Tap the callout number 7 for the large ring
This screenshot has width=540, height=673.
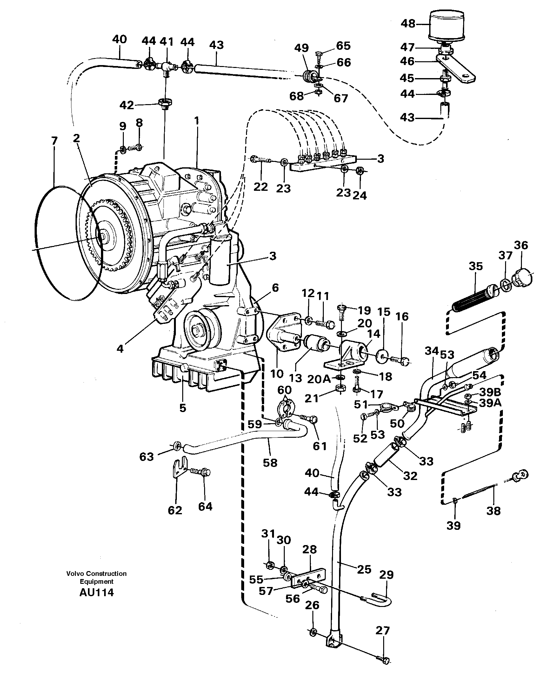[54, 141]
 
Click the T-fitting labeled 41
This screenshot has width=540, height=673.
[166, 67]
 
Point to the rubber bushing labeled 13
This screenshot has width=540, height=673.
[315, 347]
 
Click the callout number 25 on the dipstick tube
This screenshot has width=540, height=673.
[364, 570]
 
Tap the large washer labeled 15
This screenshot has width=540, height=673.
[382, 356]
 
